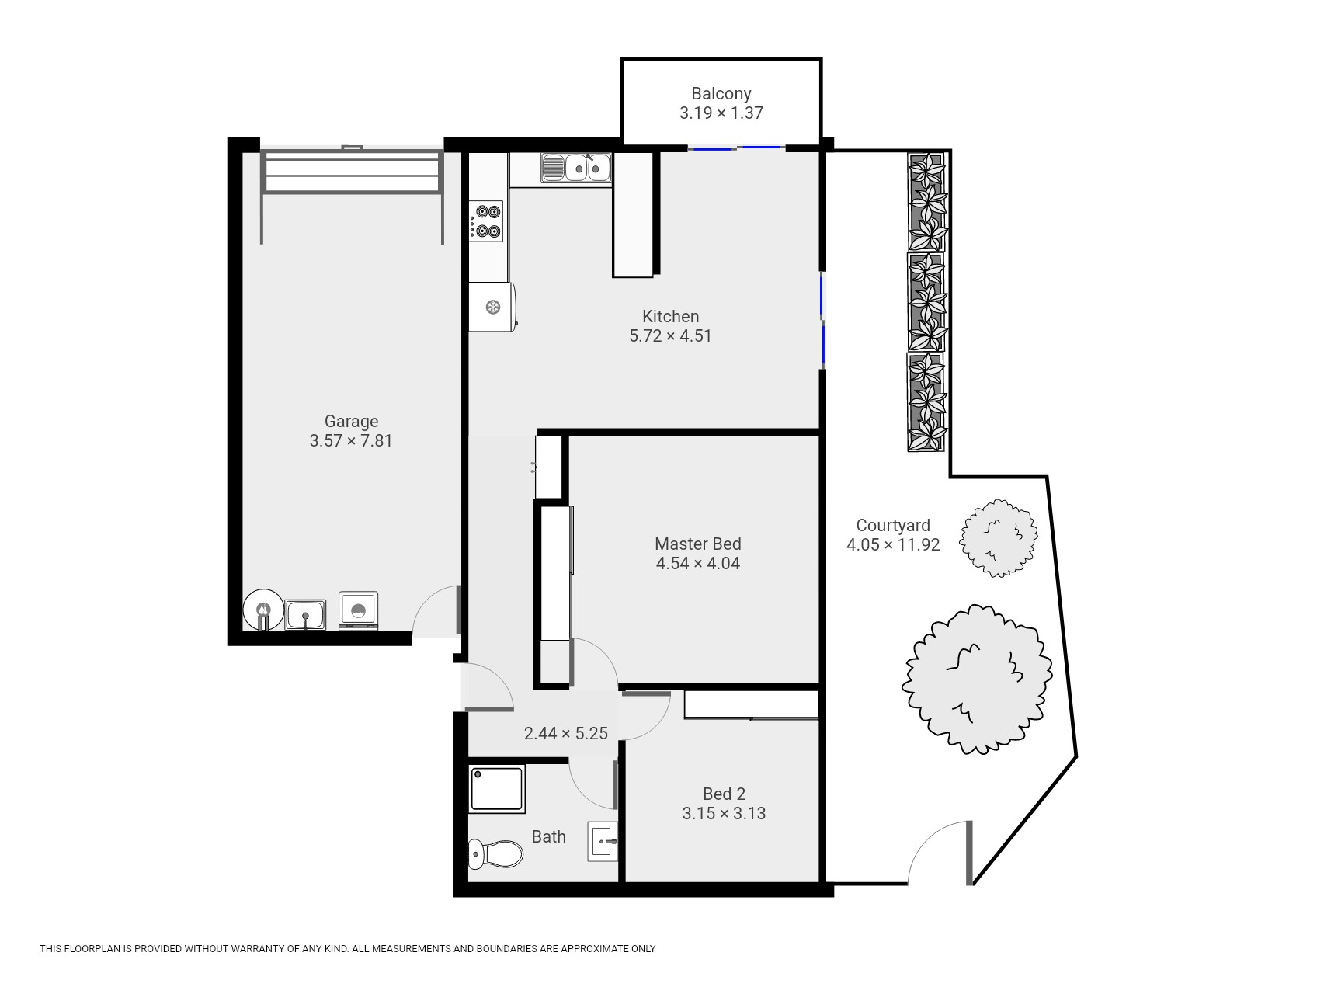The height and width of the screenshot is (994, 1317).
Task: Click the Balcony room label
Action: click(721, 94)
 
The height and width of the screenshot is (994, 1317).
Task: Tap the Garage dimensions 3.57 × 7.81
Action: click(351, 441)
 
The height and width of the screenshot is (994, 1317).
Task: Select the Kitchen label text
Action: click(670, 317)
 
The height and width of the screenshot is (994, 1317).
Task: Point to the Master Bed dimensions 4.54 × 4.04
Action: click(697, 564)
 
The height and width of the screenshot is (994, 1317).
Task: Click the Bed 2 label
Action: click(724, 794)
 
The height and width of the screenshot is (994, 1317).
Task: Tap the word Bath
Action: click(548, 837)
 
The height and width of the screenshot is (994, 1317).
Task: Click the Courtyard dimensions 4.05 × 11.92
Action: click(893, 545)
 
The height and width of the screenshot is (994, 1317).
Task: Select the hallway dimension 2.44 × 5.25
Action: click(565, 733)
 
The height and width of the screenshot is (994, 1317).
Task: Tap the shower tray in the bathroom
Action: click(497, 789)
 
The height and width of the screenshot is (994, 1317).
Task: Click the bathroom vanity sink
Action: click(603, 841)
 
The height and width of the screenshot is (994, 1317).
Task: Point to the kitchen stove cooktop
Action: click(486, 221)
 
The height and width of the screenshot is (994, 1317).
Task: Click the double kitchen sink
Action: click(577, 168)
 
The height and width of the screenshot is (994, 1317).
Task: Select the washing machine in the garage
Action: click(359, 610)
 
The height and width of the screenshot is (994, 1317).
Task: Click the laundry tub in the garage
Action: click(305, 615)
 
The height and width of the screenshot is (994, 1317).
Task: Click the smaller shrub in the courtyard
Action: click(999, 538)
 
